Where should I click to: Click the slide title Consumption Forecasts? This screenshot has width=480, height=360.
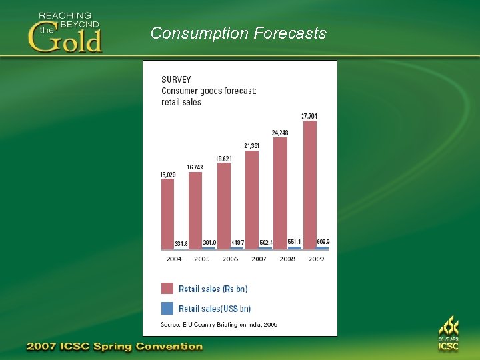[238, 33]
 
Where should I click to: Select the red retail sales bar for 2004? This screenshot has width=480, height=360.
[167, 213]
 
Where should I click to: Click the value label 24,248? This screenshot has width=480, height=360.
[280, 132]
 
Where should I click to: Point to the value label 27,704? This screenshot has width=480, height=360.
[309, 116]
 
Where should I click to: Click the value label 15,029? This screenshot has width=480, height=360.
[167, 175]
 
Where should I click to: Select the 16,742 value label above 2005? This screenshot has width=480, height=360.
[195, 167]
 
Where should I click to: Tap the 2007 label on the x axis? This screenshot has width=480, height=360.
[259, 259]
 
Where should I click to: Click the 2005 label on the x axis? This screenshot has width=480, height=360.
[201, 259]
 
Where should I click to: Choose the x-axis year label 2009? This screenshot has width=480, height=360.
[316, 259]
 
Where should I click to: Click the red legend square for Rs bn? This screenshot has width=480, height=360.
[167, 289]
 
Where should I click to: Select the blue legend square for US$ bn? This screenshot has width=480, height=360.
[167, 308]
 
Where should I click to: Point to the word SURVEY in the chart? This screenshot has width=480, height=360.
[176, 79]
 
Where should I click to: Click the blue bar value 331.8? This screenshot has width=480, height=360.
[181, 244]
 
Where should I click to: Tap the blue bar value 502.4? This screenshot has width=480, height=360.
[266, 243]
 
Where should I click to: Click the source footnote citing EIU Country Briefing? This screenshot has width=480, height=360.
[219, 325]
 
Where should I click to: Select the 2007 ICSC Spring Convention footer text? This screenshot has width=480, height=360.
[114, 347]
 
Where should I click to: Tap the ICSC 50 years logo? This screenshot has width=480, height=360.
[448, 334]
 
